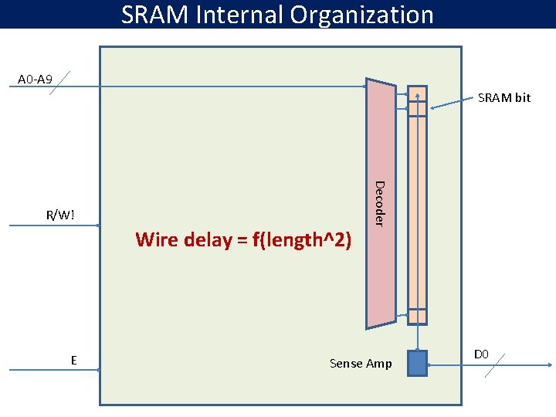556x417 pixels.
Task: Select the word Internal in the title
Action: [243, 15]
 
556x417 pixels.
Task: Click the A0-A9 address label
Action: [36, 80]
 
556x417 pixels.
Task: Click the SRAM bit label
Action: [504, 98]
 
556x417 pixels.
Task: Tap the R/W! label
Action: [61, 215]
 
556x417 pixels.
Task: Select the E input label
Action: [73, 360]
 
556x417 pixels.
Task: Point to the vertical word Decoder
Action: [378, 202]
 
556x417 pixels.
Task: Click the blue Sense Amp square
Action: [417, 363]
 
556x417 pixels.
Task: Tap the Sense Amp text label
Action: [361, 363]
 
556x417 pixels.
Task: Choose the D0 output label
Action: [482, 354]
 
